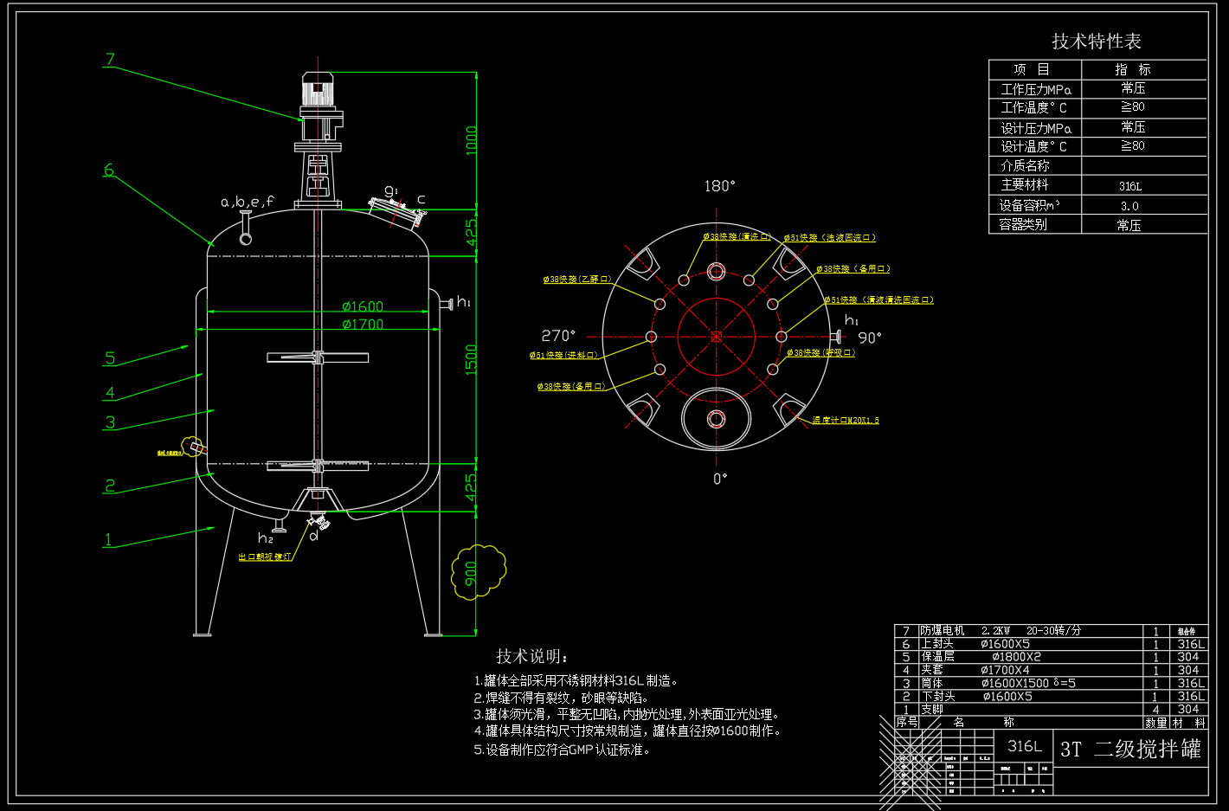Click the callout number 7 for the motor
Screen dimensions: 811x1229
[x=110, y=60]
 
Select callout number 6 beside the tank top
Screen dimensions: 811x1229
[x=108, y=170]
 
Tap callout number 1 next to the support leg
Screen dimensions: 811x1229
[x=108, y=539]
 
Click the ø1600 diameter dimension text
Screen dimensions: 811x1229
[x=363, y=306]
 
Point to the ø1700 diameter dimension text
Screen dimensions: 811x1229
[x=363, y=324]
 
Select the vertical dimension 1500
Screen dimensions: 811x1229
[x=471, y=360]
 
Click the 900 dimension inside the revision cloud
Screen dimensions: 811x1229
[x=472, y=573]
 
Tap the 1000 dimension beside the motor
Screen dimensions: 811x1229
[x=472, y=140]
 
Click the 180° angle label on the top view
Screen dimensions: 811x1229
[x=719, y=186]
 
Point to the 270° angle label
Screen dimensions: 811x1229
[x=558, y=336]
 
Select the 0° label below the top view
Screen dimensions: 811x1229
[x=720, y=479]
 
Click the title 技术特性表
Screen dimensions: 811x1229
[x=1097, y=42]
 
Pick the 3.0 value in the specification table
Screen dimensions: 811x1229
[x=1129, y=206]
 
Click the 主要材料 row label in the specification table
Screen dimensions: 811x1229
[x=1025, y=185]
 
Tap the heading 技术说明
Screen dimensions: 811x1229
[x=531, y=656]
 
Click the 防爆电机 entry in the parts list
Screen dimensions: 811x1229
[x=942, y=631]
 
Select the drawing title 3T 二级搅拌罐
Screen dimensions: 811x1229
[x=1130, y=749]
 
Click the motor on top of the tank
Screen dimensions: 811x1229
[x=317, y=90]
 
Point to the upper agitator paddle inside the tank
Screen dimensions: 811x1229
[x=318, y=357]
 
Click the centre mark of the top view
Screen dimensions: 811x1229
[x=716, y=337]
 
